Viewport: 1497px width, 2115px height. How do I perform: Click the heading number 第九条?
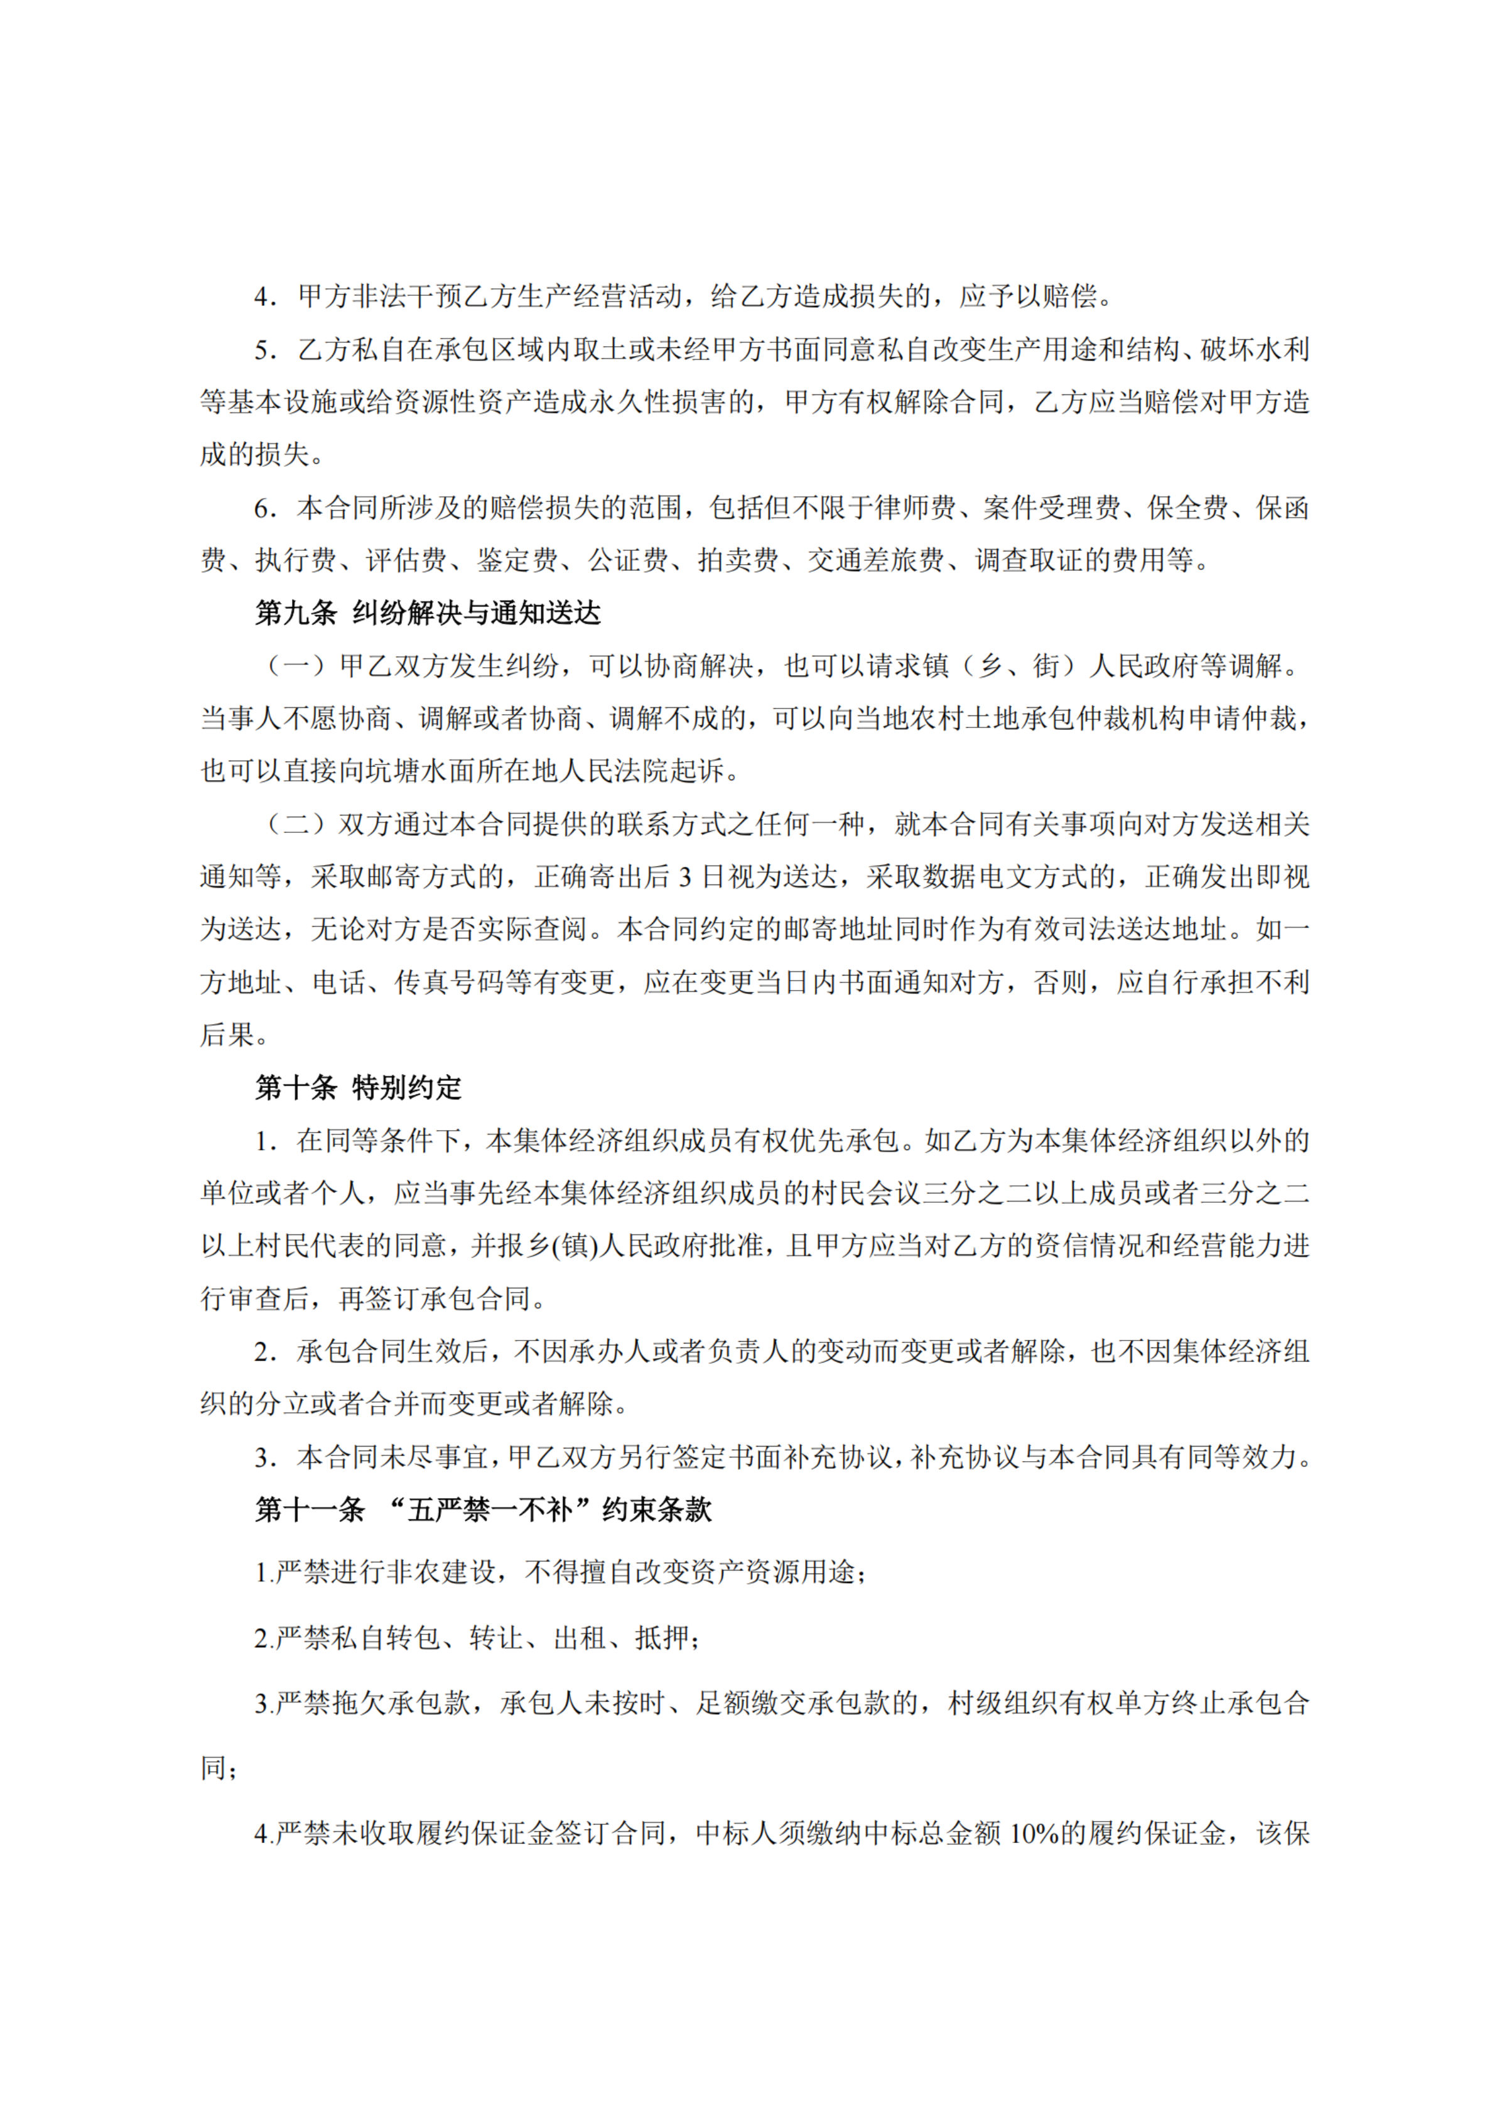click(x=295, y=613)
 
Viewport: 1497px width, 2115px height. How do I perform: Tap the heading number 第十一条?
click(x=309, y=1509)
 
